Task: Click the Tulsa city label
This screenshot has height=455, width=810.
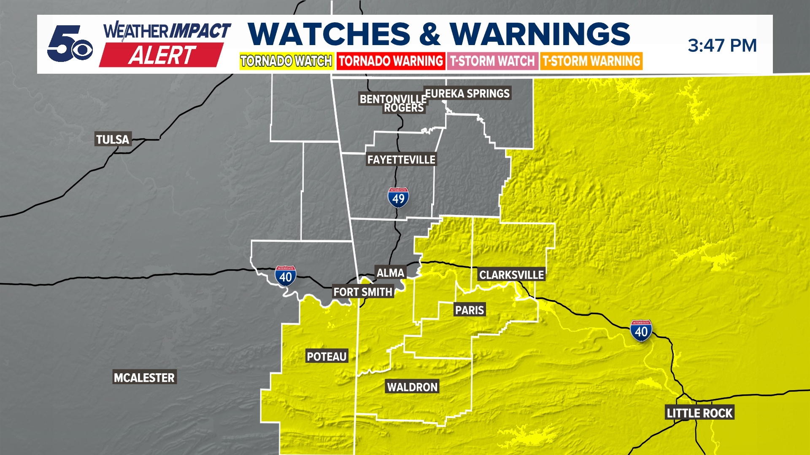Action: click(113, 139)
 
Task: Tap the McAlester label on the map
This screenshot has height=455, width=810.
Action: click(144, 377)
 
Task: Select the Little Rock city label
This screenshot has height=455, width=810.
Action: click(699, 413)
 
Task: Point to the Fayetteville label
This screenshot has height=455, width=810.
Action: click(401, 160)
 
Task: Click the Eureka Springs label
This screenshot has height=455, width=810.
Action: click(467, 93)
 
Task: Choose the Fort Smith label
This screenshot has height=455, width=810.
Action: click(363, 292)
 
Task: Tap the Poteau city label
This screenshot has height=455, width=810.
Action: click(327, 356)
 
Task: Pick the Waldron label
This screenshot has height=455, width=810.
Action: click(412, 387)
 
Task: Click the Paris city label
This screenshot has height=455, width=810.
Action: click(469, 310)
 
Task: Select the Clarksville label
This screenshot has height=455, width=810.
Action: click(511, 275)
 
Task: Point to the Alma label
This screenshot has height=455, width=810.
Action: click(390, 273)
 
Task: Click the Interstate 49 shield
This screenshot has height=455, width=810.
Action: click(398, 198)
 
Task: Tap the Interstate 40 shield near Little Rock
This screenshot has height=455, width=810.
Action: click(641, 331)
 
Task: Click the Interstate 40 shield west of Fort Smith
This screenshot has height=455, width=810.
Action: click(286, 276)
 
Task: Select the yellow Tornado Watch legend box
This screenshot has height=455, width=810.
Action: click(286, 61)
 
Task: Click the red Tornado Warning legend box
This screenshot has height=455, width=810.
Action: click(391, 61)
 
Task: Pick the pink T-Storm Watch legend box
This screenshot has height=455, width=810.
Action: click(492, 61)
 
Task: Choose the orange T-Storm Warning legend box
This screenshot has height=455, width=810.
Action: click(591, 61)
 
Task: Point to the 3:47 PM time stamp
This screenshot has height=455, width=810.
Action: click(722, 45)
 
